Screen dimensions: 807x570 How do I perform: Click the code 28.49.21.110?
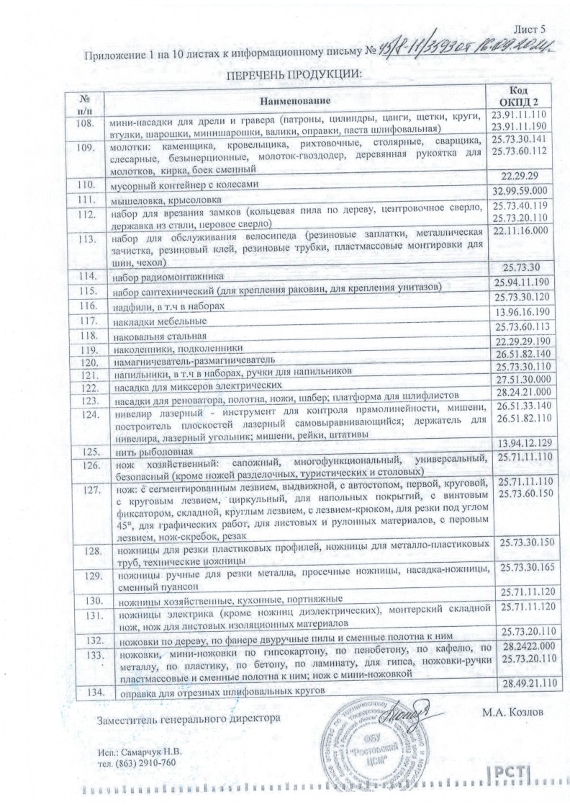click(x=524, y=683)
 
